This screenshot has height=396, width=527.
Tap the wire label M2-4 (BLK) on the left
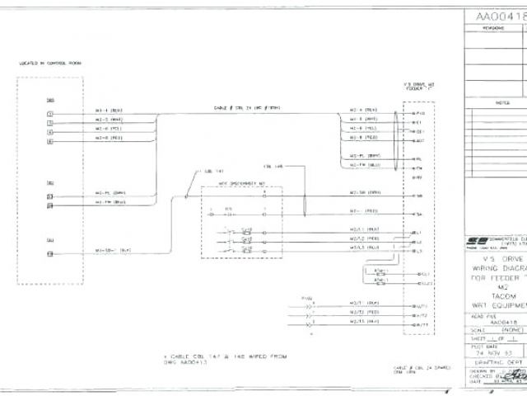click(110, 110)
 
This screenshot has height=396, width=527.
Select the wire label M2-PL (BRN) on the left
click(110, 192)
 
